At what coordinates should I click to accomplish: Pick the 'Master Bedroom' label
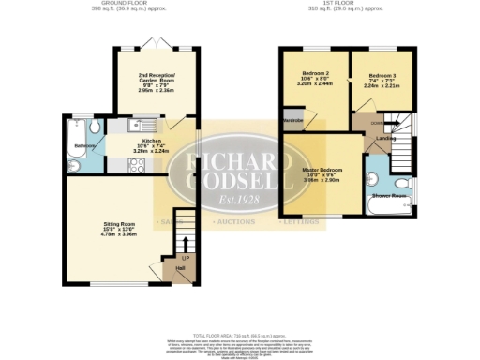click(x=322, y=171)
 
